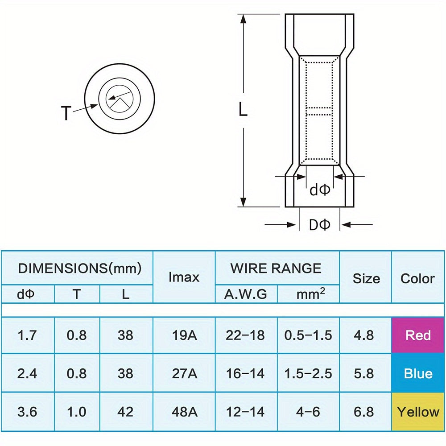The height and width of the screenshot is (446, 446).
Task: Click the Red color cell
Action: (418, 335)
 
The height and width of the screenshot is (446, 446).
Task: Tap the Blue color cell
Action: (418, 373)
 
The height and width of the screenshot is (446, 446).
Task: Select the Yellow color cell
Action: (418, 411)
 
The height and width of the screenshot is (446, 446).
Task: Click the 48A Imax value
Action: (184, 411)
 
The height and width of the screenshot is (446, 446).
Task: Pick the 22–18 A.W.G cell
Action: (246, 335)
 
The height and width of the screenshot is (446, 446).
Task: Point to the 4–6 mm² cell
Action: (308, 411)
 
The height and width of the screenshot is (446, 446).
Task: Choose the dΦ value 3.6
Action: (27, 411)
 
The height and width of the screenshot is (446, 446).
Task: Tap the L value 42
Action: (125, 411)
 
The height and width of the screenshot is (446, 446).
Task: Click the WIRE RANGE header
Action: (276, 268)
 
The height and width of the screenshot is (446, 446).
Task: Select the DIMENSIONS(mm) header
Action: (80, 268)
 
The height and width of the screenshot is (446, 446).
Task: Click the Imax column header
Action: (184, 277)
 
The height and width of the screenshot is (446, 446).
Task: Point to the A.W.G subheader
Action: (246, 294)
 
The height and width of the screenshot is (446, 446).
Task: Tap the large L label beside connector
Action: (243, 109)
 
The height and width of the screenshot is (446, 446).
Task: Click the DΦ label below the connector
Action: (319, 225)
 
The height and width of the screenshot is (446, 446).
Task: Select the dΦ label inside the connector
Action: (319, 190)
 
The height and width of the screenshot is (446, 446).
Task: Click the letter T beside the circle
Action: (66, 113)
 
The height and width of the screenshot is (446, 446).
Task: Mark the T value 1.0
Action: (76, 411)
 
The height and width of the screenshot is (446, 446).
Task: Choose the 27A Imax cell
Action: (184, 373)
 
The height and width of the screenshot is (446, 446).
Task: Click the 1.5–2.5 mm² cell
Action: (308, 373)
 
